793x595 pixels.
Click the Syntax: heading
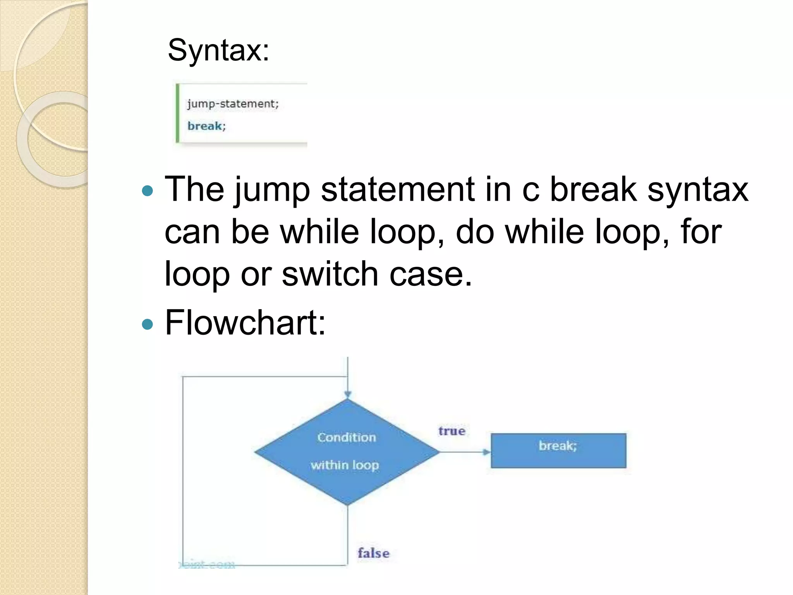pyautogui.click(x=218, y=50)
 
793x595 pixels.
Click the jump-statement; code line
pyautogui.click(x=233, y=104)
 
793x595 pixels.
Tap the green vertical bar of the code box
pyautogui.click(x=178, y=113)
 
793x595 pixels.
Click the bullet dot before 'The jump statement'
pyautogui.click(x=148, y=191)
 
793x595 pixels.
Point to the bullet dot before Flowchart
pyautogui.click(x=148, y=324)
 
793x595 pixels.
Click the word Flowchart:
pyautogui.click(x=245, y=323)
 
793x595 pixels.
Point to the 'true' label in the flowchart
pyautogui.click(x=451, y=431)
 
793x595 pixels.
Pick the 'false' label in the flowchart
pyautogui.click(x=373, y=553)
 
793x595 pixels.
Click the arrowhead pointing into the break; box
pyautogui.click(x=486, y=452)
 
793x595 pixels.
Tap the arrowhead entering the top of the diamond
pyautogui.click(x=348, y=395)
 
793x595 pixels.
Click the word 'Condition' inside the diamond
pyautogui.click(x=347, y=437)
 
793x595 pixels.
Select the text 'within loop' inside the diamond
pyautogui.click(x=345, y=465)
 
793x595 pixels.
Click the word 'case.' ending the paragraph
pyautogui.click(x=431, y=274)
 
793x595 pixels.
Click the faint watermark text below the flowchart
pyautogui.click(x=207, y=564)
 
